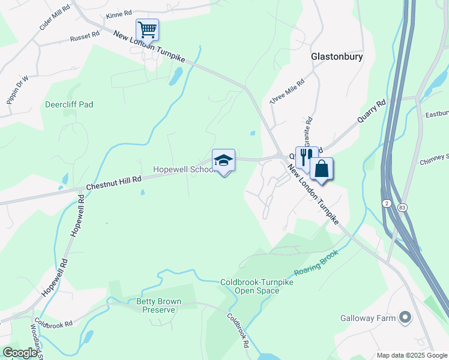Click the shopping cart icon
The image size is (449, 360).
(x=147, y=29)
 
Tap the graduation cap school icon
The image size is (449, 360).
(x=223, y=160)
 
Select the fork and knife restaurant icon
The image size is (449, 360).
(x=306, y=157)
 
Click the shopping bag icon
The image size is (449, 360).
(x=321, y=169)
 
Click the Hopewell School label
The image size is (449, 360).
(x=182, y=170)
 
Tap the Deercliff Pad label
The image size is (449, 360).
(x=69, y=104)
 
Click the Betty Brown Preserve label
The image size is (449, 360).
(x=159, y=305)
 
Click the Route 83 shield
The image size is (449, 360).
(x=402, y=207)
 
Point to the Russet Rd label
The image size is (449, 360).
(x=85, y=37)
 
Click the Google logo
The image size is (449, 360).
(x=20, y=353)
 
